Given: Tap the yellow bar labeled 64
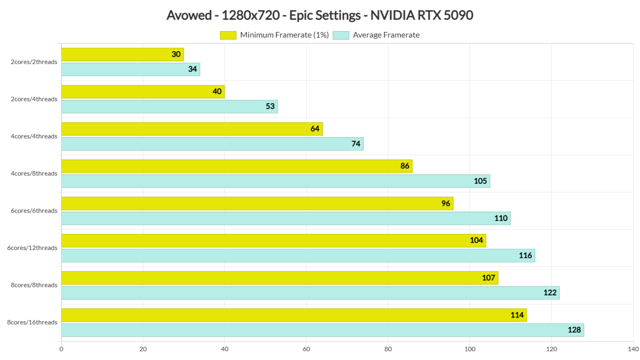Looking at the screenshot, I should click(192, 129).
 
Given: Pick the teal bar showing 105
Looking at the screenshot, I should click(275, 181).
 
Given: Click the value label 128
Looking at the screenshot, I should click(574, 330).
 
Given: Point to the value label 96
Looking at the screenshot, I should click(445, 203).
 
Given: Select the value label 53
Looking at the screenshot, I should click(270, 107).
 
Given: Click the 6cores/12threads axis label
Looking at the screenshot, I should click(32, 248).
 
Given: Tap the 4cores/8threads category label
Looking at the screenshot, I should click(34, 173).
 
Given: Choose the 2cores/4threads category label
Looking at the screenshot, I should click(34, 99).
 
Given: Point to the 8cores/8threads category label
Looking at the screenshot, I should click(34, 285).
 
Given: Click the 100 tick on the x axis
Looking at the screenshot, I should click(470, 349).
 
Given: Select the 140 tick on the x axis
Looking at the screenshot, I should click(633, 349).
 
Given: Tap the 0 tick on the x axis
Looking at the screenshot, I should click(61, 349).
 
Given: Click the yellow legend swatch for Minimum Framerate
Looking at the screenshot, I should click(228, 35).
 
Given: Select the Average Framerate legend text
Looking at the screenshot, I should click(386, 35).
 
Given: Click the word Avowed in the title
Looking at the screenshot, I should click(189, 15).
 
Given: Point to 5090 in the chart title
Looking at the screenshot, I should click(458, 15).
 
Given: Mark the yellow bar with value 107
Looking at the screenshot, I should click(279, 278).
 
